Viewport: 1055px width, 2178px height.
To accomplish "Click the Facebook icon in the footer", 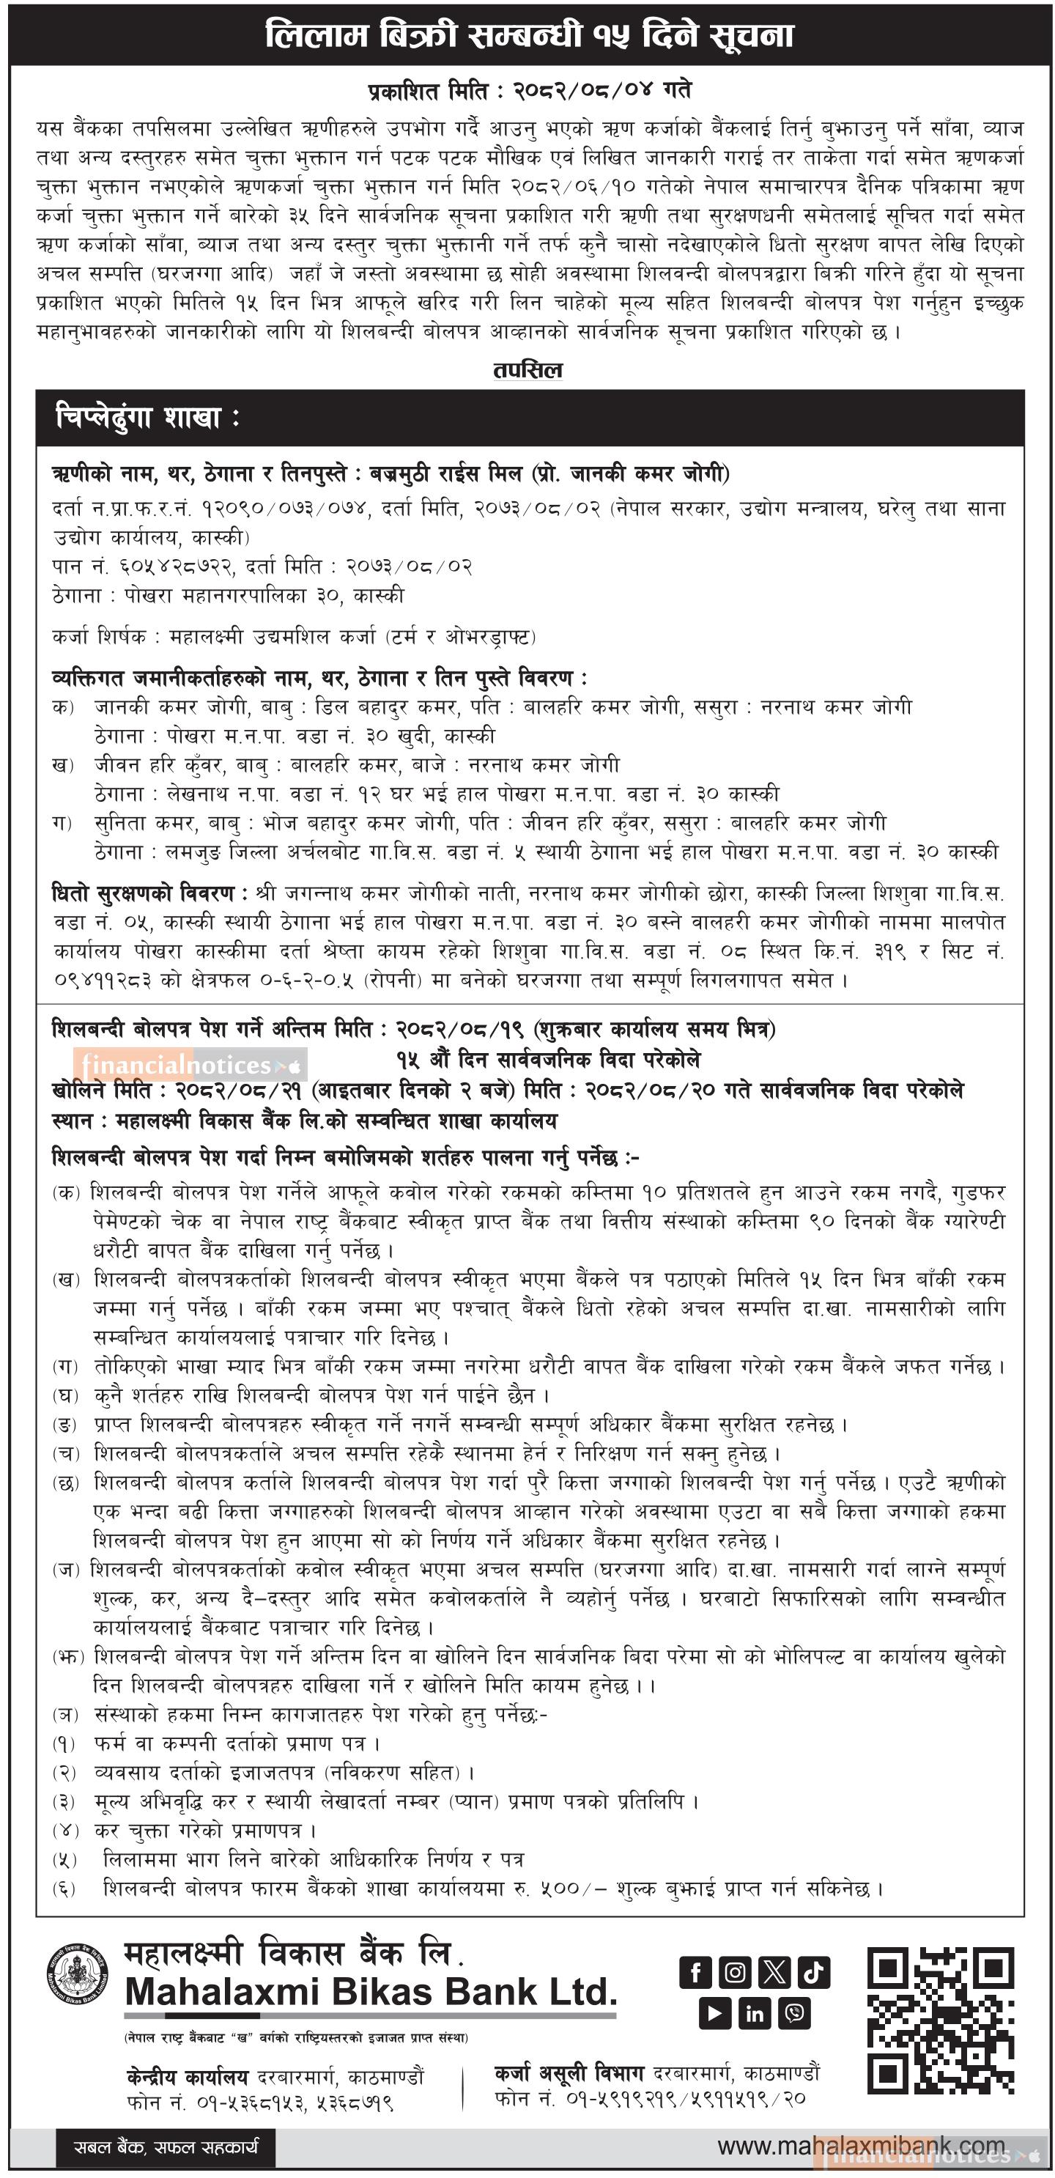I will (696, 1974).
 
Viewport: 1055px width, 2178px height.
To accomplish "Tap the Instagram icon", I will (736, 1974).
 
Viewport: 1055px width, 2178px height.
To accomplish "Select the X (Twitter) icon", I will (774, 1974).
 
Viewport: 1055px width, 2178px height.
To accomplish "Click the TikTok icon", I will (813, 1974).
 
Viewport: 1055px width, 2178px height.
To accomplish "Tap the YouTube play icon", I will (715, 2014).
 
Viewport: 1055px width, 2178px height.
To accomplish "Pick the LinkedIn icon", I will (754, 2014).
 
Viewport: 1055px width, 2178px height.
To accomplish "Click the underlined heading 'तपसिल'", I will (527, 370).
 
